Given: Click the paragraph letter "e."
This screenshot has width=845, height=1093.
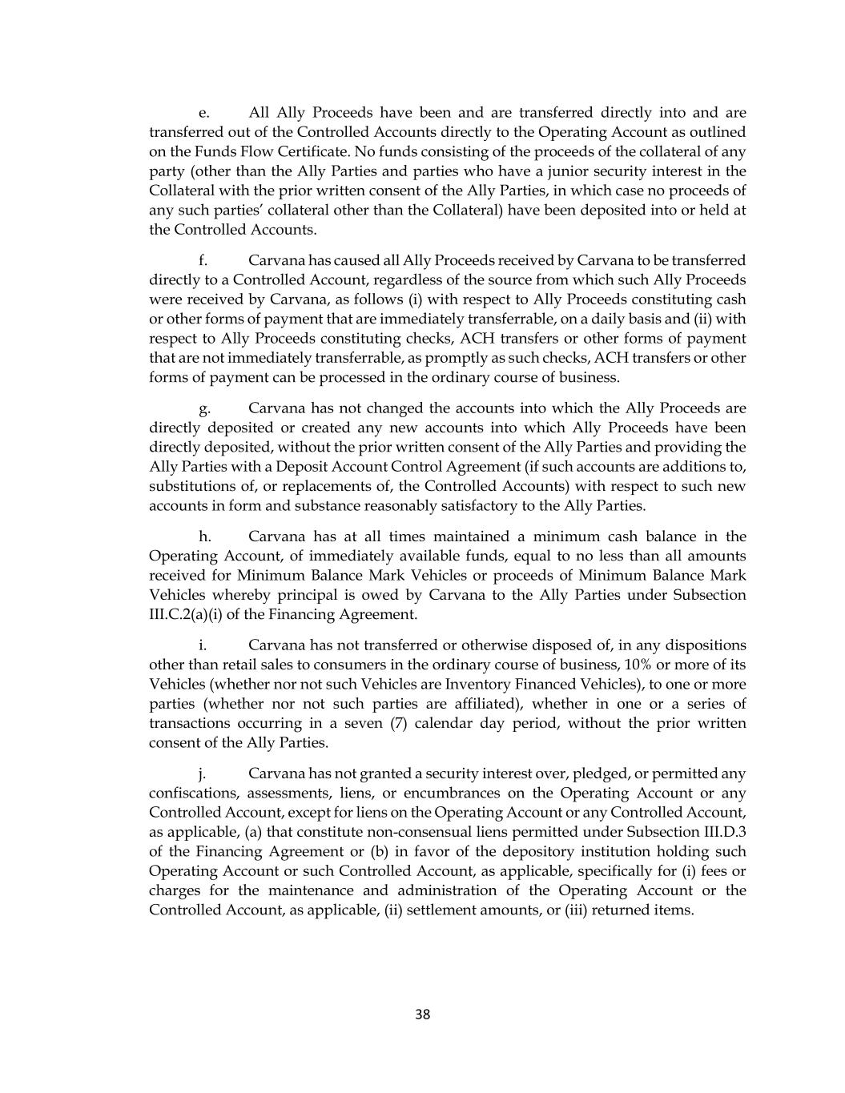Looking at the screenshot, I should tap(204, 113).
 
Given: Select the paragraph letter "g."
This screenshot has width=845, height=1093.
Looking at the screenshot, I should tap(204, 408).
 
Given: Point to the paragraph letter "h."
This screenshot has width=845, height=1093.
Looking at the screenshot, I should tap(204, 536).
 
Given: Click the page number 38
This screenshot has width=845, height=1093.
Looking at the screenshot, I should tap(423, 1015).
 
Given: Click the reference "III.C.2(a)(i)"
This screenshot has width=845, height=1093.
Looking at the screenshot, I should tap(191, 614).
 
